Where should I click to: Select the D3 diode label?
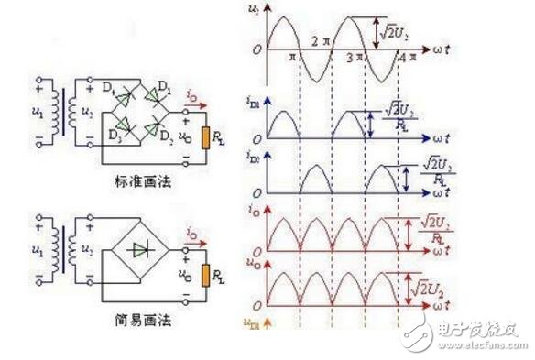(115, 134)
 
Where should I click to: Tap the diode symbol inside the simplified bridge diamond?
(140, 248)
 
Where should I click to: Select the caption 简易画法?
(147, 322)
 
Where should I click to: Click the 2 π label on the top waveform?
(319, 40)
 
